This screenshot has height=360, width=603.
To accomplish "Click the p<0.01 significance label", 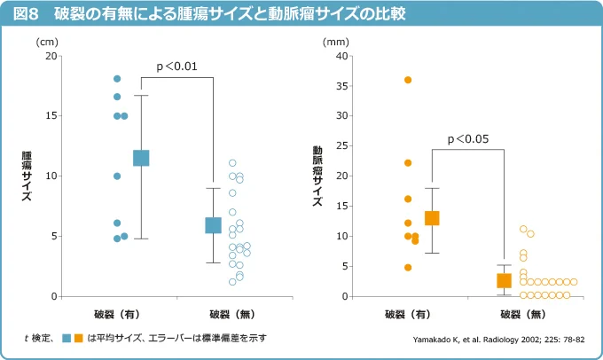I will click(176, 67).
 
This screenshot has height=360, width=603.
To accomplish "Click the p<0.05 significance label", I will click(467, 138).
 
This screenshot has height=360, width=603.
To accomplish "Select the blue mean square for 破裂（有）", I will click(141, 158).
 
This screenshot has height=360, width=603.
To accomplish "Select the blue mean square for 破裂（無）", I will click(214, 225).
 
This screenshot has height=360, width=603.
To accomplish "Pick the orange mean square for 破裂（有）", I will click(432, 218).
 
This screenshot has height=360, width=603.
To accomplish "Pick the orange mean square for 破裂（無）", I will click(505, 280).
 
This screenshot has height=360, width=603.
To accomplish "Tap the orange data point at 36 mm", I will click(408, 80).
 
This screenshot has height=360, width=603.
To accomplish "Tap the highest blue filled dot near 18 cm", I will click(117, 79).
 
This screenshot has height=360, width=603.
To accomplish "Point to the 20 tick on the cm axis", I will click(51, 56).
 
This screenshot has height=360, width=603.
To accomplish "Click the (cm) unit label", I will click(47, 41).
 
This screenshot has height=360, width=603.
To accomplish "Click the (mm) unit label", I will click(336, 41).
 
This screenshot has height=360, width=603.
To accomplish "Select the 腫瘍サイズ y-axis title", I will click(27, 176).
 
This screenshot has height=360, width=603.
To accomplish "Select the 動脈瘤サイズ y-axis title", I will click(317, 176).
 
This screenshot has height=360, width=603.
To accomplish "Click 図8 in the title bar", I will click(23, 14).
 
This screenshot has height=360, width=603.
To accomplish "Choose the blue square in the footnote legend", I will click(67, 338).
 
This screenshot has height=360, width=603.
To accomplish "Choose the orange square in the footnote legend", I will click(79, 338).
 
